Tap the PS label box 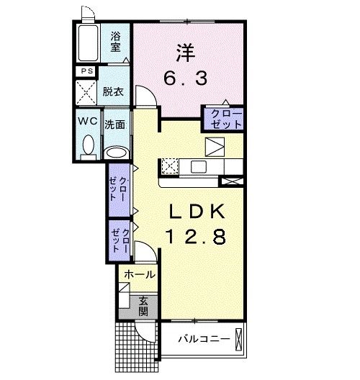87,71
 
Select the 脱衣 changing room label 112,91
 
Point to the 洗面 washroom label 115,124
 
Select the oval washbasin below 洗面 115,152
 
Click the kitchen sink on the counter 198,167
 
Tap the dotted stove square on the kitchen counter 171,166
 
